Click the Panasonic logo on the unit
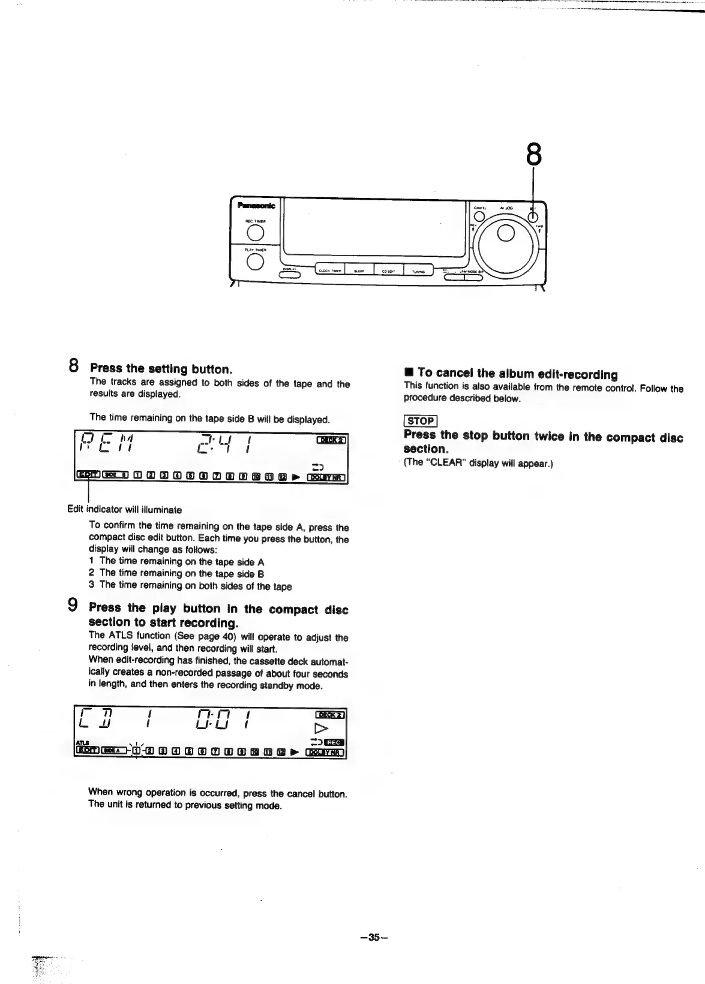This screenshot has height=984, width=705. coord(256,206)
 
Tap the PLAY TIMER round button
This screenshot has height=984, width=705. coord(255,261)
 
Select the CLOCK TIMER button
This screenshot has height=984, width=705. coord(329,271)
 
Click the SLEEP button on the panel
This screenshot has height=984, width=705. coord(359,271)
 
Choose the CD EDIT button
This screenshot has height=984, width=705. coord(388,271)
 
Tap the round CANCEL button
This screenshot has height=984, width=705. coord(479,217)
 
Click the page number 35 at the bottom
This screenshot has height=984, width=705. coord(374,937)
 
